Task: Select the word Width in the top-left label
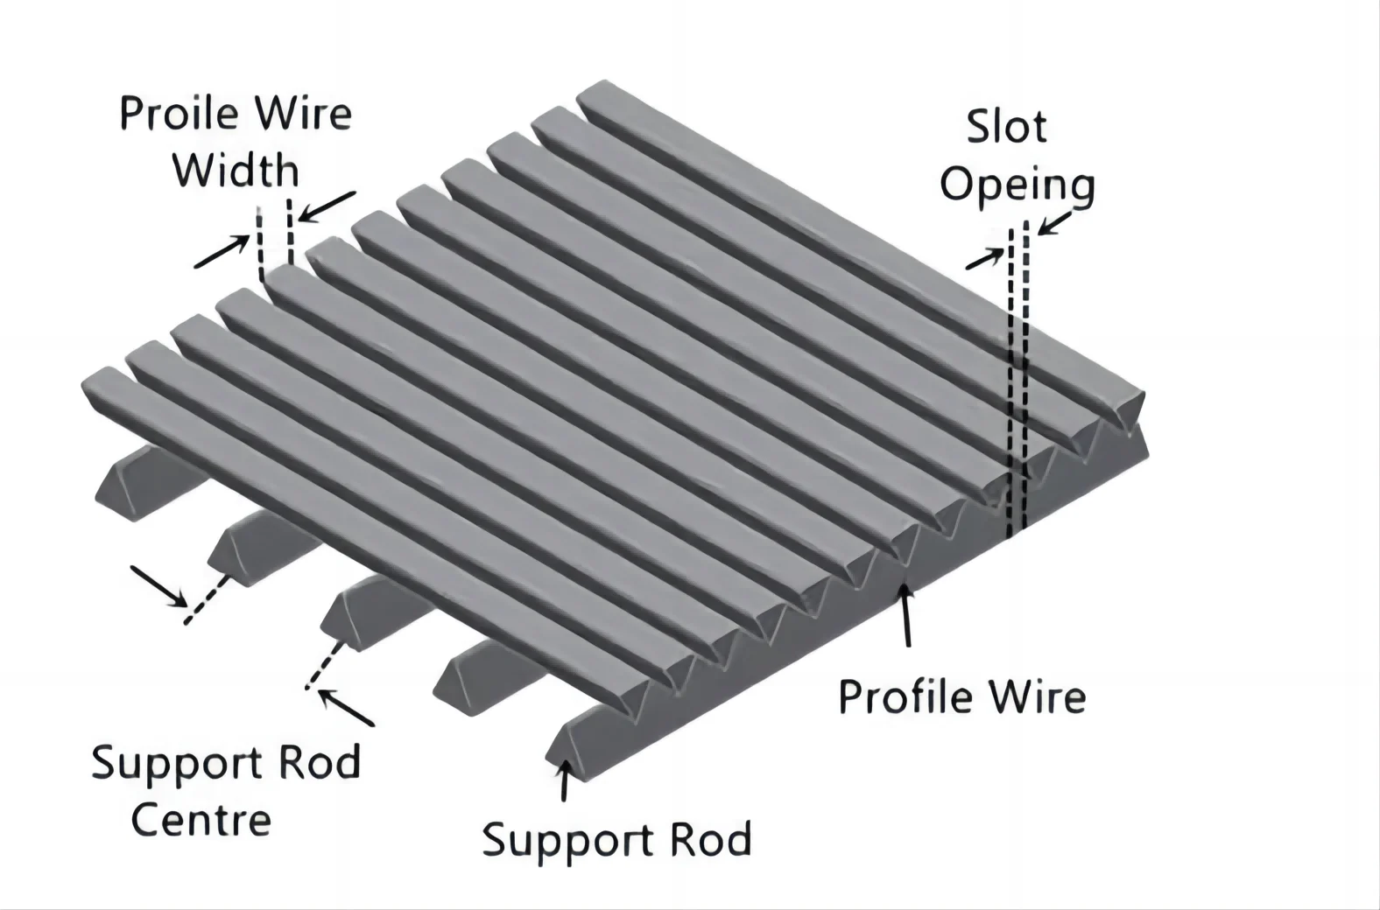(236, 171)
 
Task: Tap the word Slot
(1006, 128)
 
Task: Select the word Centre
(201, 820)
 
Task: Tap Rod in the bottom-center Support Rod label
(710, 840)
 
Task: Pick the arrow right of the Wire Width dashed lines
(327, 206)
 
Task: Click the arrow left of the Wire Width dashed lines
(222, 252)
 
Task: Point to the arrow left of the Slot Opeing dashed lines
(985, 258)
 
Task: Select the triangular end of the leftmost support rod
(116, 491)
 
